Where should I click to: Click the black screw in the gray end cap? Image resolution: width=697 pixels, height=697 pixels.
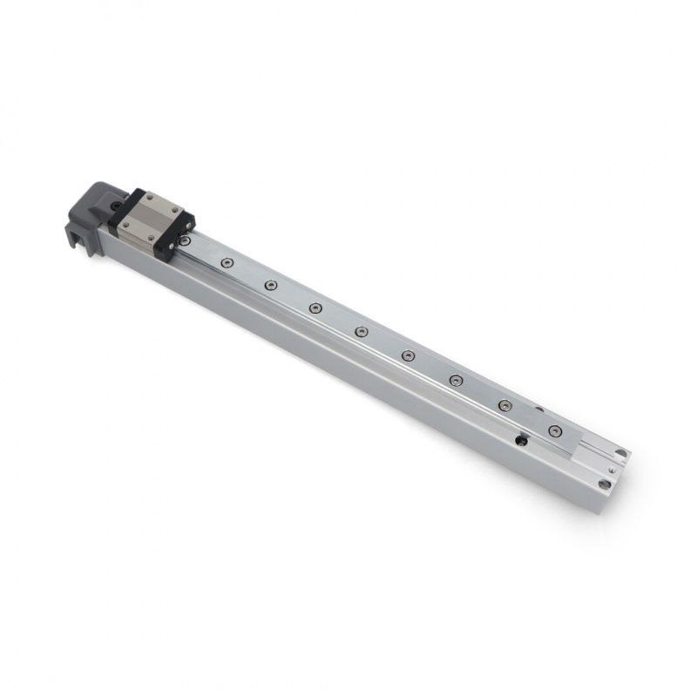pyautogui.click(x=115, y=206)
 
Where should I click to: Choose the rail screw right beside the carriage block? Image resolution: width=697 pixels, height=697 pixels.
pyautogui.click(x=227, y=262)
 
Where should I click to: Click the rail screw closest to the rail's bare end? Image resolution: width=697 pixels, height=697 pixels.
pyautogui.click(x=555, y=430)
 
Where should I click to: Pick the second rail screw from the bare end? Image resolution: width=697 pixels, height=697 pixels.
pyautogui.click(x=504, y=405)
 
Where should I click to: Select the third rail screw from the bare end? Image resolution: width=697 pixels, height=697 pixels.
pyautogui.click(x=456, y=380)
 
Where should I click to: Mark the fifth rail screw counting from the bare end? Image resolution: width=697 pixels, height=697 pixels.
pyautogui.click(x=361, y=331)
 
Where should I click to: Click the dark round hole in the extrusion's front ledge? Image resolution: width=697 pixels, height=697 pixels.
pyautogui.click(x=521, y=442)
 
